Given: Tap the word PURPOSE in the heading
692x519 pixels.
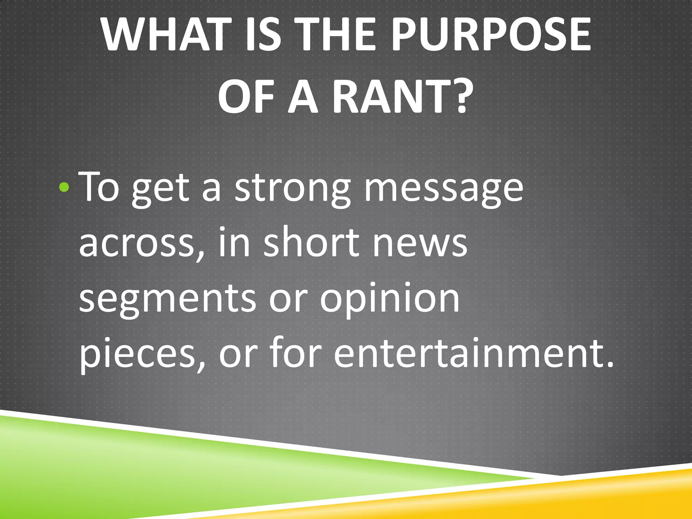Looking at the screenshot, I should (x=491, y=35).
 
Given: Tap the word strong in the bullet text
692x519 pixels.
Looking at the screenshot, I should (x=292, y=188).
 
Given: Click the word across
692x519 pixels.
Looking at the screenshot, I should (x=141, y=243).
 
